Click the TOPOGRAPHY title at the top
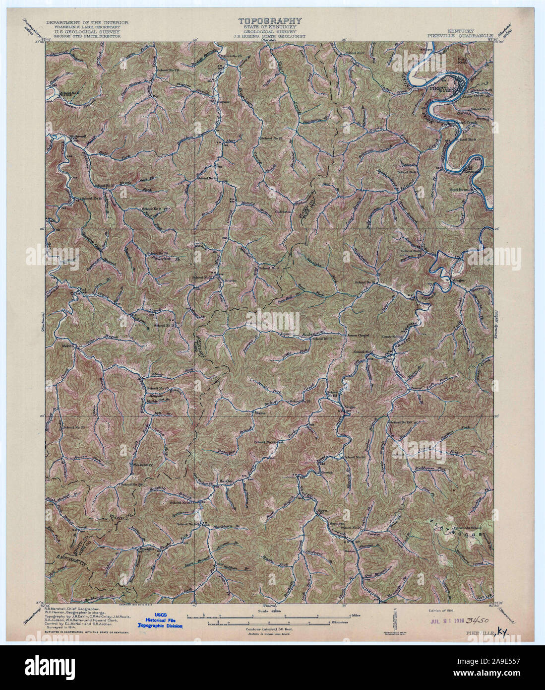click(x=270, y=21)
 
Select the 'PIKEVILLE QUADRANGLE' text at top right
click(x=459, y=36)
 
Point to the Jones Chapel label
click(x=358, y=336)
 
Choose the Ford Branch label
click(x=463, y=189)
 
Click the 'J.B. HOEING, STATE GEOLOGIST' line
click(x=270, y=36)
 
